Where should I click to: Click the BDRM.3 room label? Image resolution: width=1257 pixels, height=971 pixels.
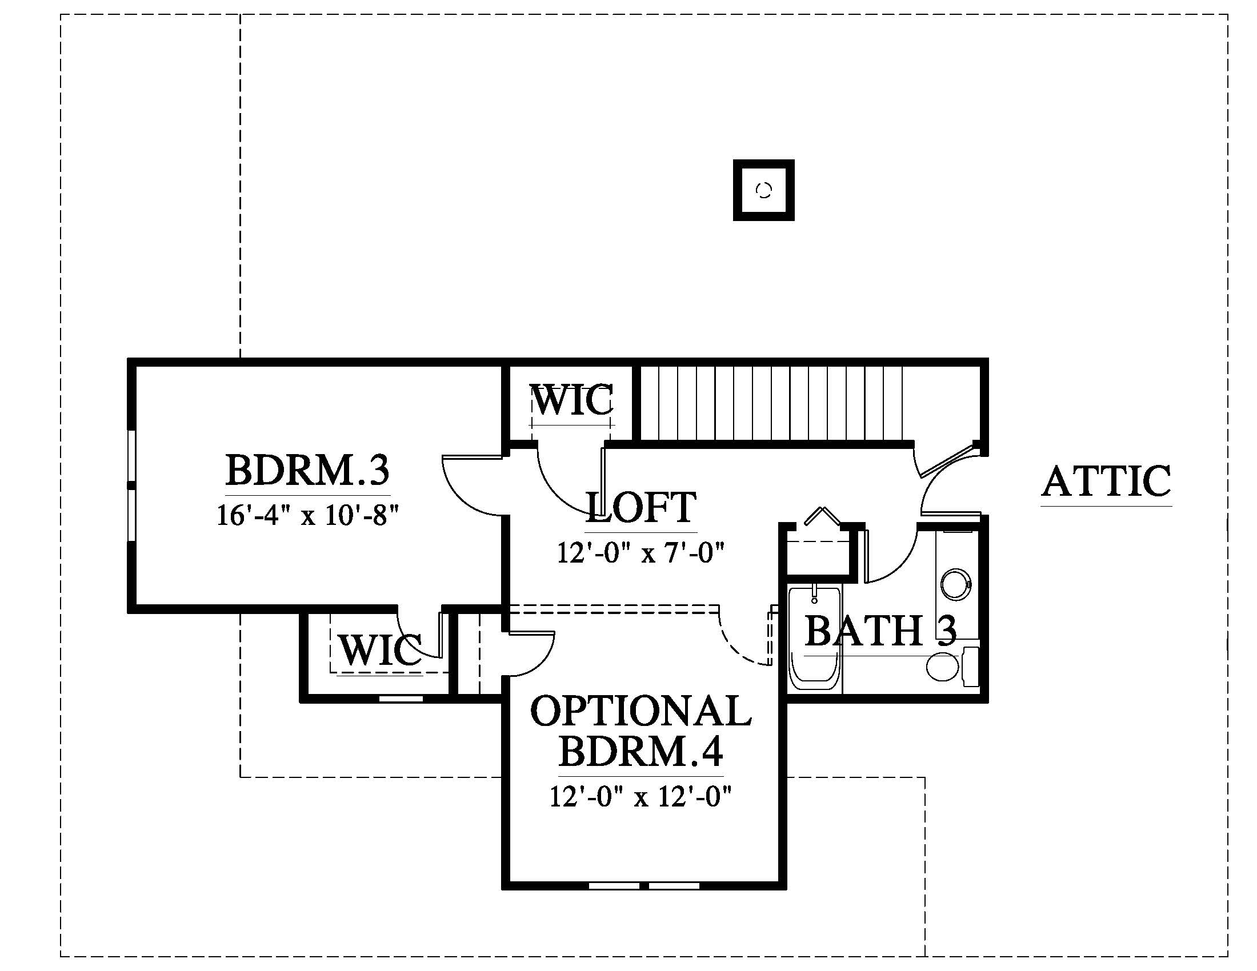click(x=307, y=470)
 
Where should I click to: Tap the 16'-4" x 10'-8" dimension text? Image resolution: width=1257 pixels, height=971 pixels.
click(x=307, y=515)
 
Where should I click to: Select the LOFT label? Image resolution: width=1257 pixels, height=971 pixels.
click(x=640, y=507)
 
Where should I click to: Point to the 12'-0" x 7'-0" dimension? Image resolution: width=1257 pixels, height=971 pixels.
click(x=640, y=553)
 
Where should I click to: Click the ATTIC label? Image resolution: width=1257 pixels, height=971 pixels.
click(x=1106, y=481)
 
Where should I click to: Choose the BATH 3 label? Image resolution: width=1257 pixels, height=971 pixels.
click(x=880, y=631)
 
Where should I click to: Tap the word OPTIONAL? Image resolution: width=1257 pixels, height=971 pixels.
click(x=640, y=711)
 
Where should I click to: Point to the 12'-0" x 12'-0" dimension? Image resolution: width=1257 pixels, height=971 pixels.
click(x=640, y=797)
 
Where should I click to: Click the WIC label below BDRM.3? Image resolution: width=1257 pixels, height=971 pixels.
click(x=380, y=650)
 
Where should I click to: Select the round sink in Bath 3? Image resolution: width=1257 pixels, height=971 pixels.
click(x=956, y=585)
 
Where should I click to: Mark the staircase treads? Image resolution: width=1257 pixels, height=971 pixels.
click(x=771, y=403)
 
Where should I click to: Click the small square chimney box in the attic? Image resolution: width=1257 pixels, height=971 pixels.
click(x=764, y=190)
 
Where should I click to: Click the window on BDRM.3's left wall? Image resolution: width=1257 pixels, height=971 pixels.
click(x=132, y=486)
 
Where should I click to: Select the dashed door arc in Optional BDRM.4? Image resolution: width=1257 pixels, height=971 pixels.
click(x=742, y=639)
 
